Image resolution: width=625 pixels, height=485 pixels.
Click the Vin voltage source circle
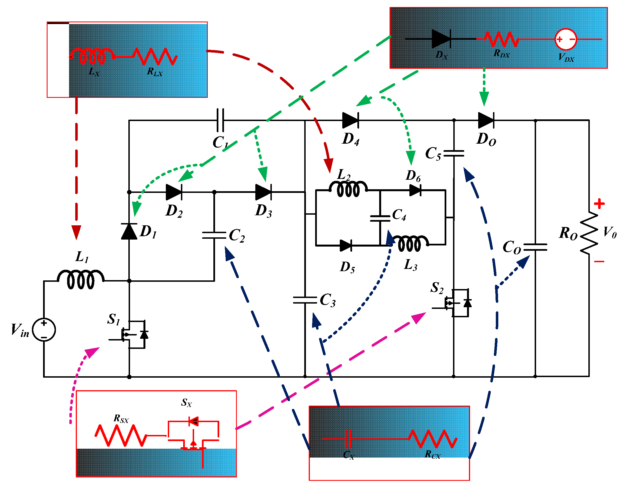pyautogui.click(x=44, y=330)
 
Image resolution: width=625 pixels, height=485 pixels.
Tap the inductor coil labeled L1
pyautogui.click(x=81, y=279)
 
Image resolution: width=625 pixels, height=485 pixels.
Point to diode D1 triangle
pyautogui.click(x=129, y=231)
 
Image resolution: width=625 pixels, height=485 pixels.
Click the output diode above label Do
pyautogui.click(x=486, y=120)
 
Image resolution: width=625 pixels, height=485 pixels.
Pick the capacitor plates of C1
pyautogui.click(x=220, y=120)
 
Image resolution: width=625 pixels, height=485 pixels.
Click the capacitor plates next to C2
pyautogui.click(x=214, y=235)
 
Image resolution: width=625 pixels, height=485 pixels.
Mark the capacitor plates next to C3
pyautogui.click(x=305, y=300)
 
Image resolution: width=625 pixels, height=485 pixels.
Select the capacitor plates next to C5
pyautogui.click(x=454, y=153)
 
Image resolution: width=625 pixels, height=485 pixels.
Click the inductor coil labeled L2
pyautogui.click(x=348, y=189)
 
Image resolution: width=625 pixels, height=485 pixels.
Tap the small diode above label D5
pyautogui.click(x=346, y=245)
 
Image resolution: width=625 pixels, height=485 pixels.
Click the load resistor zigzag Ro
pyautogui.click(x=589, y=233)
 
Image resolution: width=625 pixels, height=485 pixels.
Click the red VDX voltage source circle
pyautogui.click(x=566, y=39)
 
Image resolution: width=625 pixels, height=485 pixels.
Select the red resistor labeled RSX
pyautogui.click(x=121, y=436)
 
